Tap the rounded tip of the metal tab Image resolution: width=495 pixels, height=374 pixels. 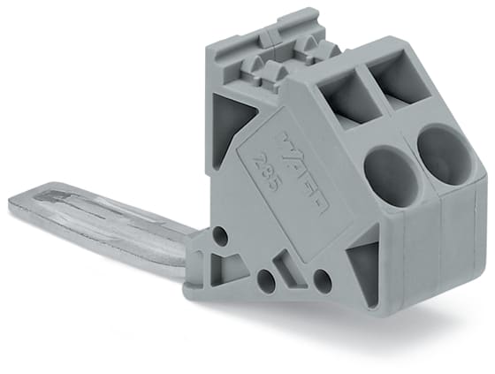point(19,204)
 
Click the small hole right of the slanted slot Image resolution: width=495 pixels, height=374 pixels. point(321,280)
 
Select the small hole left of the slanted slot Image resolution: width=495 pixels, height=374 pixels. point(263,281)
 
